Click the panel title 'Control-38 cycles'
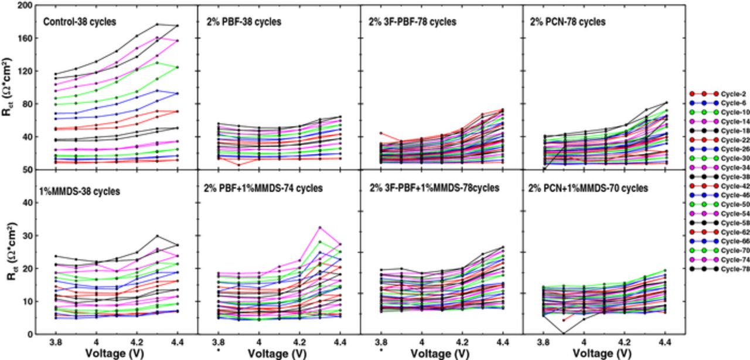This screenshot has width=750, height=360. (x=80, y=22)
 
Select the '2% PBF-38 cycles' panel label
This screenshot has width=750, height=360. (x=243, y=22)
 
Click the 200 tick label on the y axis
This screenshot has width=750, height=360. (x=24, y=5)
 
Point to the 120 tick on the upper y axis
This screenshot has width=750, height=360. (x=24, y=71)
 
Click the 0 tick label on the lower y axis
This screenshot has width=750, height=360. (x=29, y=334)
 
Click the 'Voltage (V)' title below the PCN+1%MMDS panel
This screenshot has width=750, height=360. (x=604, y=354)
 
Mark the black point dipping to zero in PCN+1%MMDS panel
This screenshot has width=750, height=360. (x=564, y=334)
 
